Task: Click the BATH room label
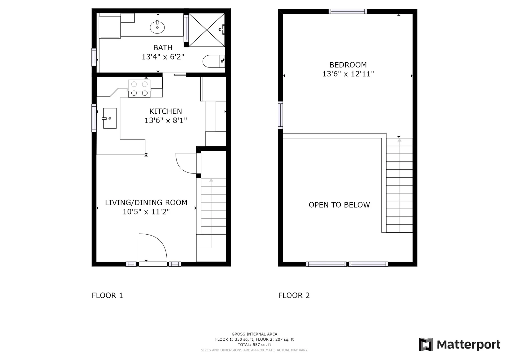point(163,47)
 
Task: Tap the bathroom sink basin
point(157,27)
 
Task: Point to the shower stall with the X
point(206,30)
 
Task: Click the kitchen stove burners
point(139,88)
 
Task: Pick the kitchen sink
point(110,118)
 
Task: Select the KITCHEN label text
point(166,111)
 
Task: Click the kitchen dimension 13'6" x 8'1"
point(166,120)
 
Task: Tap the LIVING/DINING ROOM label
point(146,202)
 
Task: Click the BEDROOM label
point(348,65)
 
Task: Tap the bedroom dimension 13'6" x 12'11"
point(348,74)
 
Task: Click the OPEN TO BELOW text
point(339,205)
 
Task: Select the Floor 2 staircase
point(399,185)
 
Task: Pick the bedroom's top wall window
point(348,11)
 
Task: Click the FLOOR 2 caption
point(294,295)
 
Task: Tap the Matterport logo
point(459,344)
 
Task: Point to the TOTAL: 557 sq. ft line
point(254,344)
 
